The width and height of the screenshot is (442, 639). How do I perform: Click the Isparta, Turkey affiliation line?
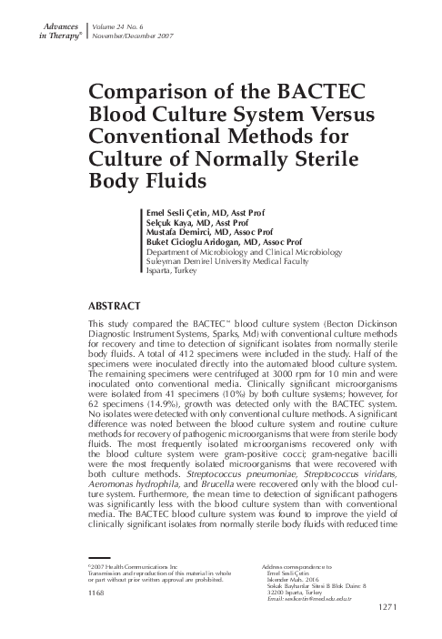[170, 271]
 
